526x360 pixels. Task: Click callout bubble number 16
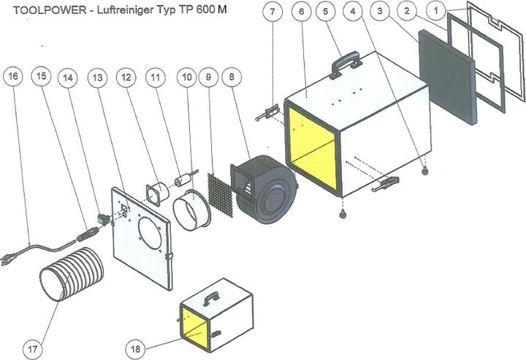coord(12,77)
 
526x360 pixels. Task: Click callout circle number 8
coord(233,77)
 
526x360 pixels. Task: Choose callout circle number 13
coord(97,77)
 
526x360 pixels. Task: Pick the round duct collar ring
coord(191,210)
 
